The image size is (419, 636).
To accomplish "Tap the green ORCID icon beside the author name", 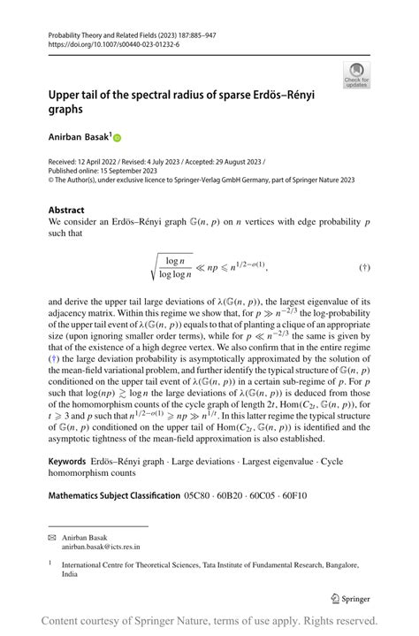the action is (117, 138).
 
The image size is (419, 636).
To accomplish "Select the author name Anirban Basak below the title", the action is (79, 138).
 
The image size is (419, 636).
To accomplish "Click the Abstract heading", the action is (66, 211).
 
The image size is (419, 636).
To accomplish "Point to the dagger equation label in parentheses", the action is (364, 266).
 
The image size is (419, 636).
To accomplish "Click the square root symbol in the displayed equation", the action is (156, 266).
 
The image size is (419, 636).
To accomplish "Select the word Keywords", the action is (67, 462).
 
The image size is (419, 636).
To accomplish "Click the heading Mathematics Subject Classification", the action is (114, 495).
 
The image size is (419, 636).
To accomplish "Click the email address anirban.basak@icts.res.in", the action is (99, 548).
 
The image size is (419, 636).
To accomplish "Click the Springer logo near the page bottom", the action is (351, 597).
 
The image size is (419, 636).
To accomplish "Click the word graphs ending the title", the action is (66, 111).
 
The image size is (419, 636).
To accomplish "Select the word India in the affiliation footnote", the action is (71, 573).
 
